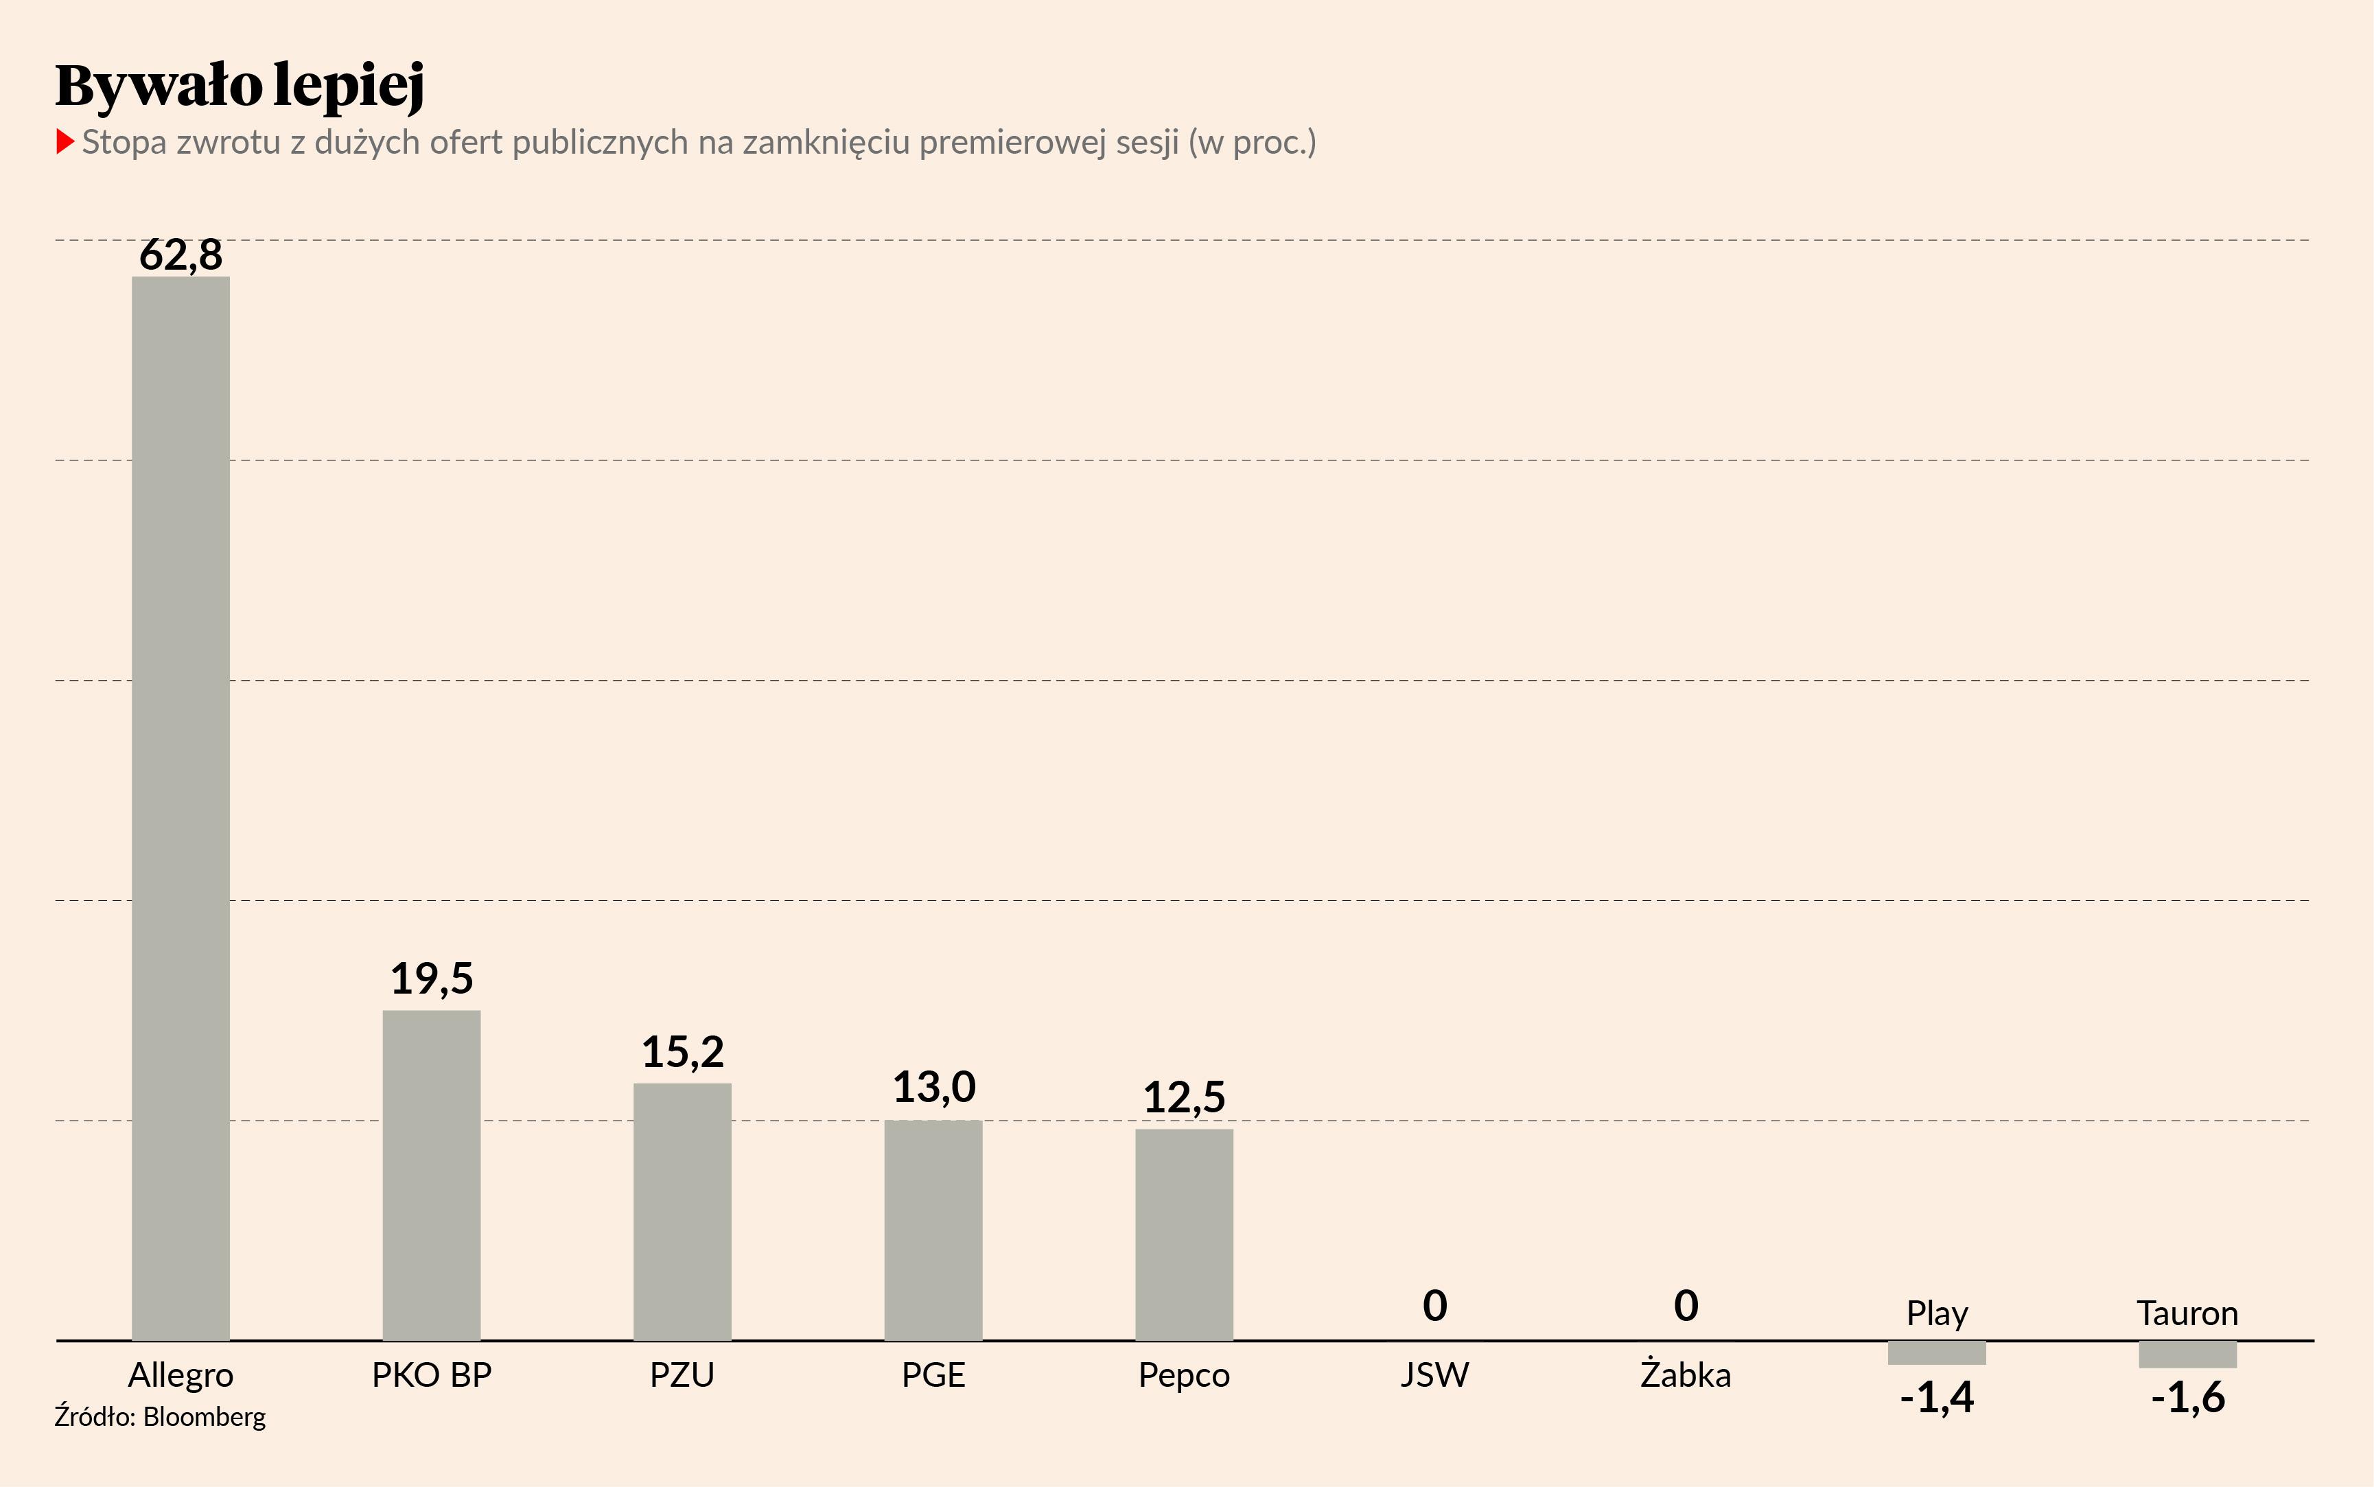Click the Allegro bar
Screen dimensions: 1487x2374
click(181, 806)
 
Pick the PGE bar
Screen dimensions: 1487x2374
click(933, 1230)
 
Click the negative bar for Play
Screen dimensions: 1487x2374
click(1936, 1353)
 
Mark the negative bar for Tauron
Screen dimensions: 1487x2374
click(2187, 1355)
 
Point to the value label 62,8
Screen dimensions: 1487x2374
click(181, 255)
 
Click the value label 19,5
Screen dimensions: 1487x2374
click(432, 979)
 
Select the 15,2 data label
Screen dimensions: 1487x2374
click(682, 1053)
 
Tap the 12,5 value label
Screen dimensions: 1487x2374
click(1184, 1097)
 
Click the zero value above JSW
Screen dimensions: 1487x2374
click(1435, 1306)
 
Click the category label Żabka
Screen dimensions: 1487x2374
click(1686, 1374)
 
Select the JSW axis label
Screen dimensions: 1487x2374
click(1435, 1374)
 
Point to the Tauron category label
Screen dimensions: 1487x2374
click(2187, 1313)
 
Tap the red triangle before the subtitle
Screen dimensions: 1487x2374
click(65, 141)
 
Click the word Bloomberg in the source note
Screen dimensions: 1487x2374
click(205, 1417)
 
